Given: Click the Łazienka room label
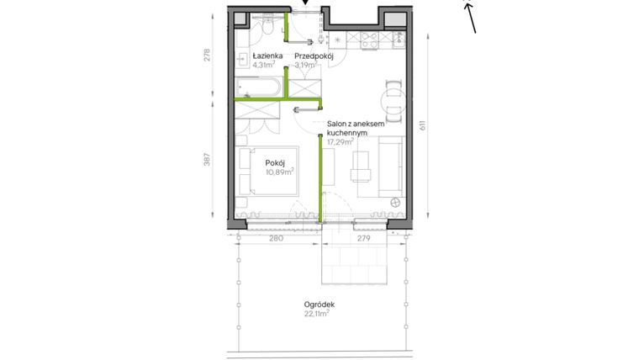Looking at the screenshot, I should [254, 56].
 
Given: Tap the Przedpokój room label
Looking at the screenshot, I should [314, 56].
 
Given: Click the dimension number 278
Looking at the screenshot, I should [208, 56].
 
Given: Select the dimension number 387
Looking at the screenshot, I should [208, 161].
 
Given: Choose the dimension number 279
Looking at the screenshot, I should [364, 239].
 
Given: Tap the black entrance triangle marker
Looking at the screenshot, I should [305, 4].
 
